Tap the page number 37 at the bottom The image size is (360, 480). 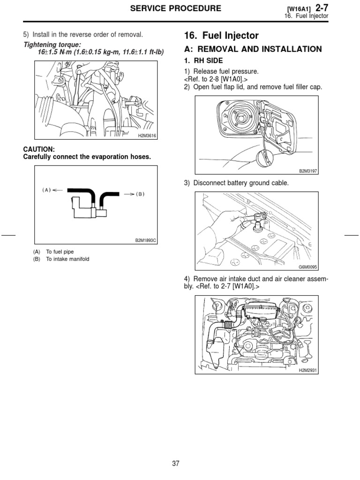click(x=176, y=464)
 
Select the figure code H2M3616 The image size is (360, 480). click(x=147, y=135)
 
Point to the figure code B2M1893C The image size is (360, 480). click(x=145, y=241)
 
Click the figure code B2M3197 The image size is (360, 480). click(x=308, y=172)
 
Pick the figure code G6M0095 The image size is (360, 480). click(x=308, y=267)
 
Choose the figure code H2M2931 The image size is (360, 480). click(x=308, y=370)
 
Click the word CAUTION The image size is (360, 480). click(x=39, y=149)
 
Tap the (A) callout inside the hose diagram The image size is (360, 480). click(x=46, y=190)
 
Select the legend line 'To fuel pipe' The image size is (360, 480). click(x=60, y=252)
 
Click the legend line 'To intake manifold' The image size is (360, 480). click(x=67, y=259)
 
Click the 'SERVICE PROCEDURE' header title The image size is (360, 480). click(x=176, y=8)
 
